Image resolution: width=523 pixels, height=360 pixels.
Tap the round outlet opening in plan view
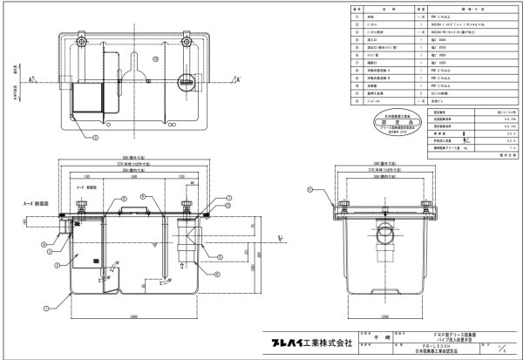[187, 85]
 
